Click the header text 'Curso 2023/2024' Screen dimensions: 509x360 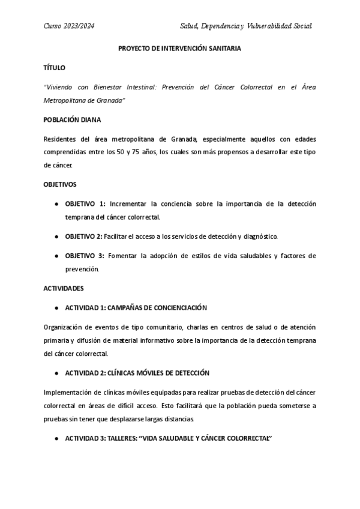(x=69, y=26)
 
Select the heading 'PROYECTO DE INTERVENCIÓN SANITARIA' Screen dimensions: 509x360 (x=179, y=49)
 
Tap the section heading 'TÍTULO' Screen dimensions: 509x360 (x=55, y=68)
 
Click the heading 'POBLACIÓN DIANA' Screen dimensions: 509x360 (x=73, y=119)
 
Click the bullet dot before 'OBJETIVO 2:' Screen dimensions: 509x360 (x=56, y=236)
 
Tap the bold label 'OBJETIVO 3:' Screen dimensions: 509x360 (x=85, y=256)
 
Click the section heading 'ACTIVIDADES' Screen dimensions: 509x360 (x=64, y=288)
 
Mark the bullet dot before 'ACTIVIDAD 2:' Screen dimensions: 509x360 (x=56, y=373)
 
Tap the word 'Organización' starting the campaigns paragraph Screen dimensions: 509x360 (x=64, y=327)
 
